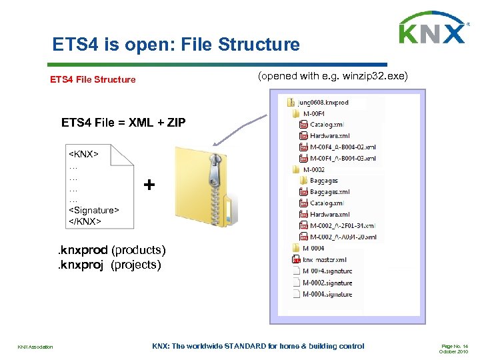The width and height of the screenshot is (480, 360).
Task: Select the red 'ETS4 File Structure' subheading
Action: pyautogui.click(x=93, y=79)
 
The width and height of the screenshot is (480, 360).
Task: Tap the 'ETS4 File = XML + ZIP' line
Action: pyautogui.click(x=123, y=123)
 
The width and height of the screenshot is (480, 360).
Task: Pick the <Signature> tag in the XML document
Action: pyautogui.click(x=94, y=210)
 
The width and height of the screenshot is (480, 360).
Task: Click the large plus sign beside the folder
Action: pyautogui.click(x=151, y=185)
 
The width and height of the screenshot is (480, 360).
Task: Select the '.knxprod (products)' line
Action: pyautogui.click(x=111, y=250)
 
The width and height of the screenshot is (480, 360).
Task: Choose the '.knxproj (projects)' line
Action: pyautogui.click(x=110, y=265)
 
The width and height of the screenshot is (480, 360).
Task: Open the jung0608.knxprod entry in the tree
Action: pyautogui.click(x=323, y=103)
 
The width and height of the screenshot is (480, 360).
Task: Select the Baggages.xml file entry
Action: pyautogui.click(x=329, y=192)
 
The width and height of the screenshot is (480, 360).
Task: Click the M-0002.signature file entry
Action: pyautogui.click(x=327, y=282)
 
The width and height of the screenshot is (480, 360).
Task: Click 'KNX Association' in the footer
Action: pyautogui.click(x=35, y=346)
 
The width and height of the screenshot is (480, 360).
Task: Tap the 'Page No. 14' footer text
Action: pyautogui.click(x=455, y=346)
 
